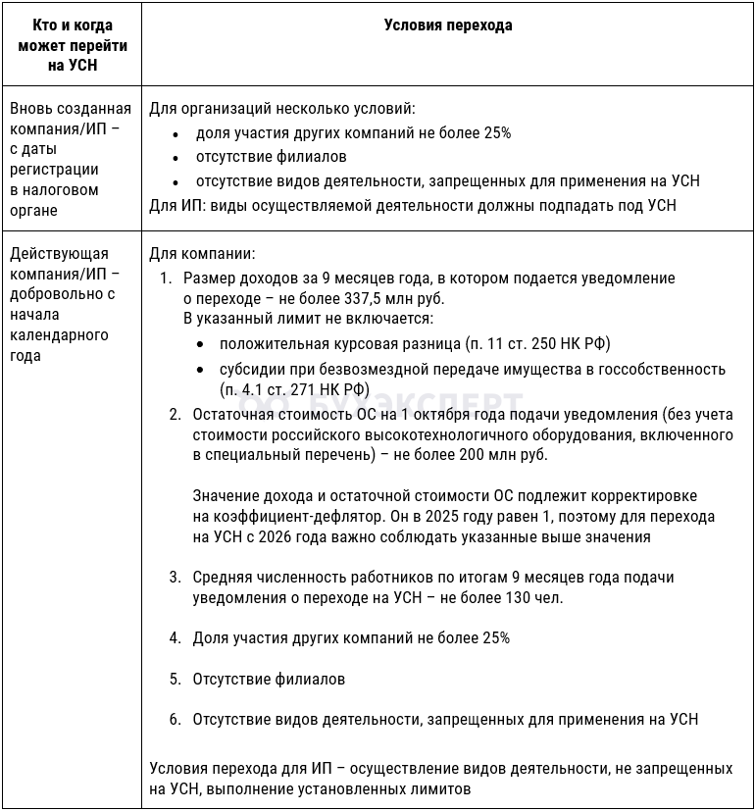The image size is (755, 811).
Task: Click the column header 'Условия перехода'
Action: (448, 26)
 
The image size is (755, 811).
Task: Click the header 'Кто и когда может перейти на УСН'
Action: (73, 45)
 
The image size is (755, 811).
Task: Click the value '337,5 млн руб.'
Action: (397, 298)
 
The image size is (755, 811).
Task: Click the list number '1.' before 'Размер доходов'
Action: (166, 279)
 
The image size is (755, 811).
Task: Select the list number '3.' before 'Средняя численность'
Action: (175, 578)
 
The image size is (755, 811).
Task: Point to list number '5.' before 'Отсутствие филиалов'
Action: (175, 679)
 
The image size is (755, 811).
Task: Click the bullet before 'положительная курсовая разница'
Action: (200, 344)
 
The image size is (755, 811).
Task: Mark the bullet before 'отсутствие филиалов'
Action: (175, 157)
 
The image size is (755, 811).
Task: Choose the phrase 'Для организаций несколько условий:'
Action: (281, 108)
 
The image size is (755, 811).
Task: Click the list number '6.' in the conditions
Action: (175, 719)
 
